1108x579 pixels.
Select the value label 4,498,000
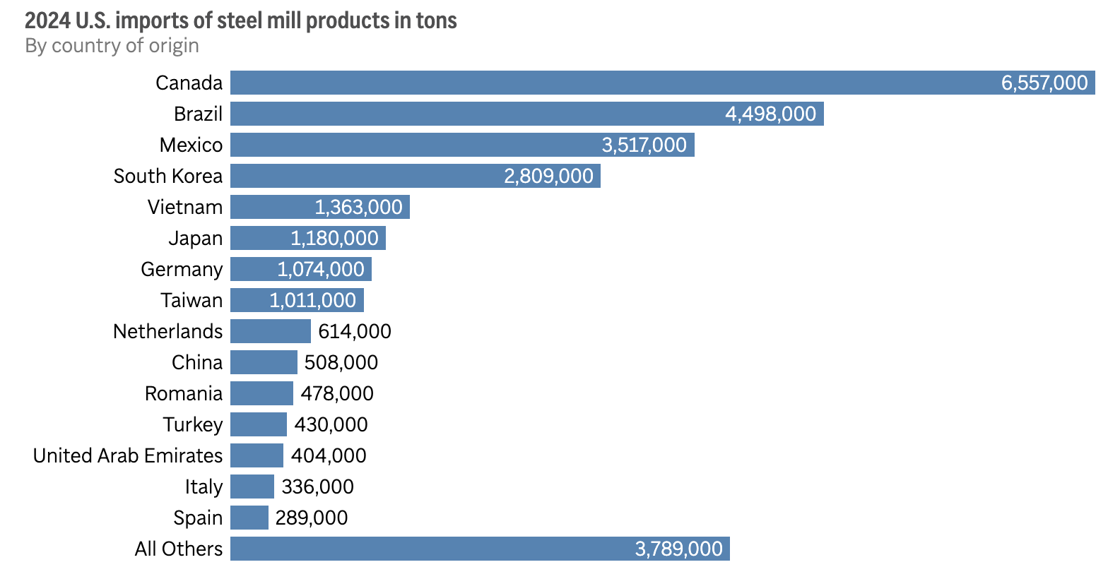click(770, 114)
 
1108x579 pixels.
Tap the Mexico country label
click(191, 145)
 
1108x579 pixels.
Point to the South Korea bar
click(367, 176)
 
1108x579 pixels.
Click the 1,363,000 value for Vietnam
click(358, 207)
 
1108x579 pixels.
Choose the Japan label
click(195, 238)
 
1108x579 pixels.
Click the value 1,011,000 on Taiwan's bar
click(312, 300)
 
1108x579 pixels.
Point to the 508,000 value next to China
click(341, 362)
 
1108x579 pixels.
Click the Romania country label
click(183, 393)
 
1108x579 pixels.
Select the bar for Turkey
click(258, 424)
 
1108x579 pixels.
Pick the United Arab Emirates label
click(128, 455)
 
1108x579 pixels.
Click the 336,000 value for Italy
click(317, 487)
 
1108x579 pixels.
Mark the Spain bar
click(249, 518)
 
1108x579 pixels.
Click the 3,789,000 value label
click(678, 549)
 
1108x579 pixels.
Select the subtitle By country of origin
click(112, 46)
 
